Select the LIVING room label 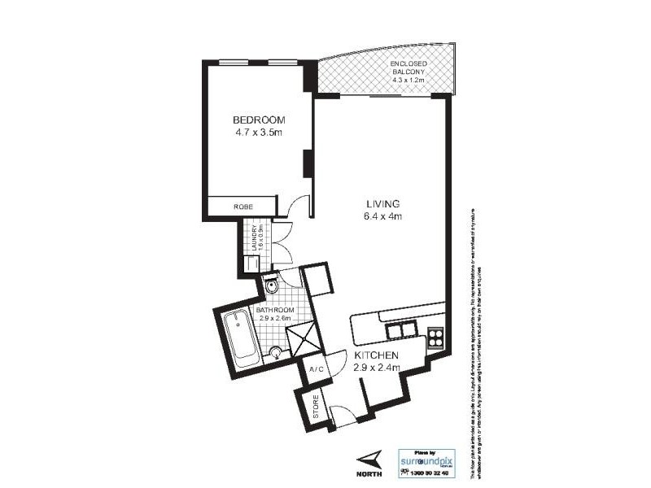(x=380, y=203)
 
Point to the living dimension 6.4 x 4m (x=380, y=216)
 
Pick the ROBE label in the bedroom (x=242, y=207)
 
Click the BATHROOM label (x=275, y=310)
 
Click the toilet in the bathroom (x=273, y=285)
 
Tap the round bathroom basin (x=277, y=352)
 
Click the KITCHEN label (x=377, y=355)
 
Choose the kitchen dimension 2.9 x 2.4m (x=377, y=368)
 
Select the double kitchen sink (x=400, y=329)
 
